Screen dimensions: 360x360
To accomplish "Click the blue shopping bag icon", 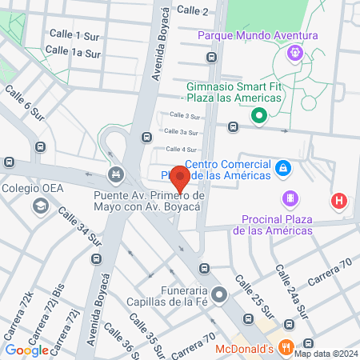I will (282, 168).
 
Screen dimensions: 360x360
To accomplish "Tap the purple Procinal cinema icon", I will (290, 198).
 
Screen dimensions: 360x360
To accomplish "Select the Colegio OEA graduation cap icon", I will (39, 208).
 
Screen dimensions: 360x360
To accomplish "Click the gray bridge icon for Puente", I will (118, 173).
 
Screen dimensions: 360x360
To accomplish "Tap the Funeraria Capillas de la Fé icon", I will (227, 295).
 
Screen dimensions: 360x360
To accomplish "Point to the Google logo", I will (26, 350).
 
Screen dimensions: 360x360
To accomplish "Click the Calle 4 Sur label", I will (181, 150).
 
